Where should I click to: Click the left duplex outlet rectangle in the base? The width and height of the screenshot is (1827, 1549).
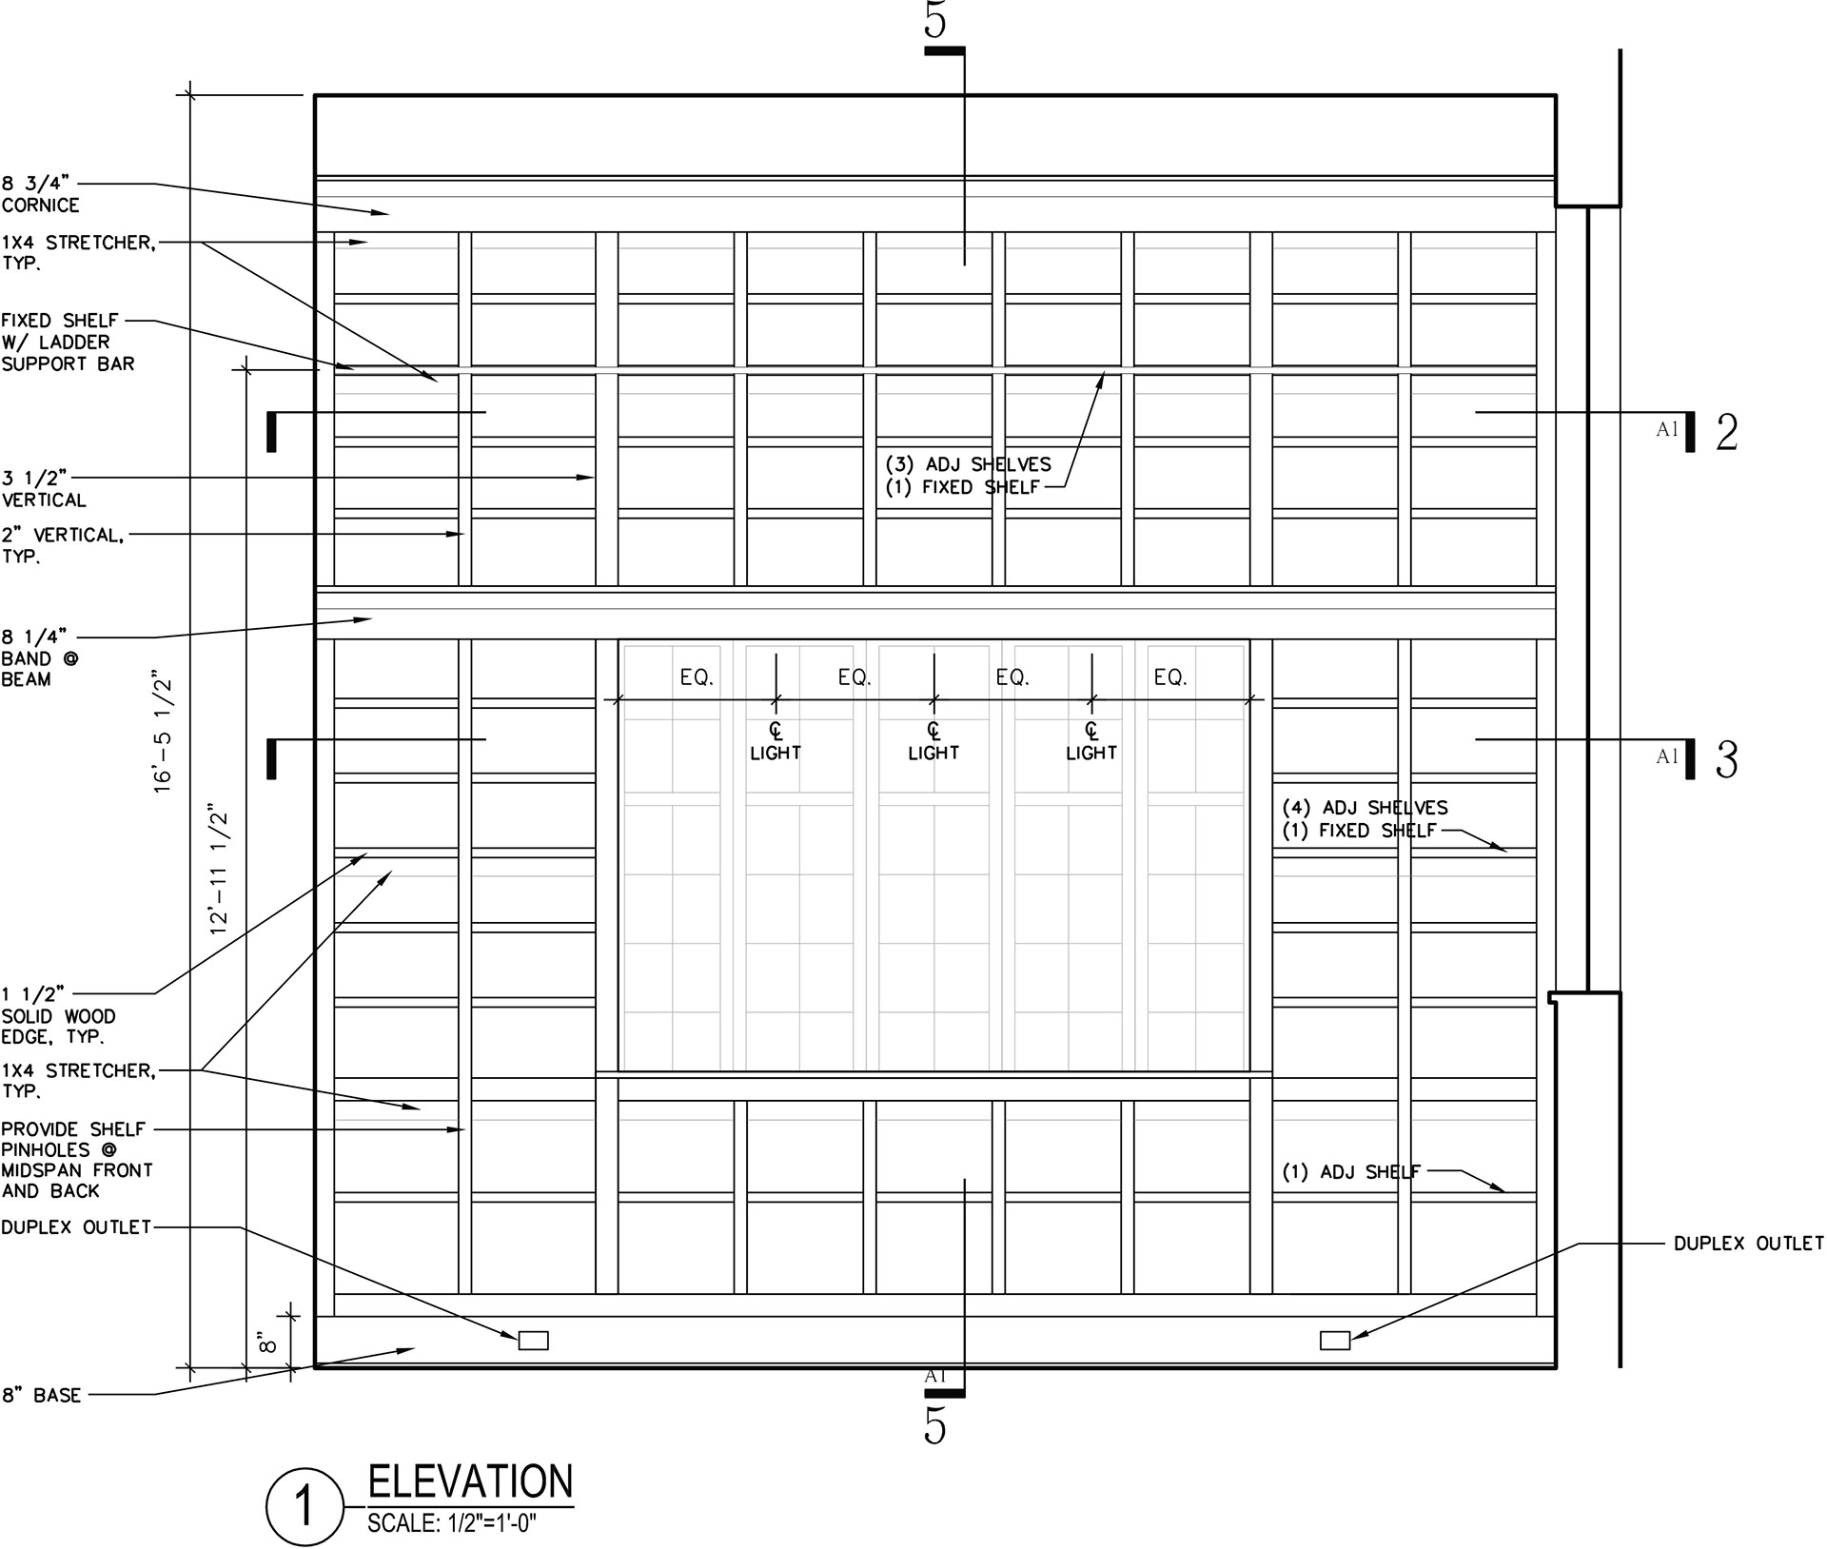point(533,1341)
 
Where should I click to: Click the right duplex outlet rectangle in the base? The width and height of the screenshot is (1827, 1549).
point(1335,1341)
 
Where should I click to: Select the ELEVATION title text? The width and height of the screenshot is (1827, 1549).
point(471,1481)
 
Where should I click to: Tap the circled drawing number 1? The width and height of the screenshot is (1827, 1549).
point(304,1508)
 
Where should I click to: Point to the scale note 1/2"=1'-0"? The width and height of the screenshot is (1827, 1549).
point(452,1523)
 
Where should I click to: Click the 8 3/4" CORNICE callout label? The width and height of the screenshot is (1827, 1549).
point(41,194)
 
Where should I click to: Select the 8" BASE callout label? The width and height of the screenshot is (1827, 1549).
point(41,1396)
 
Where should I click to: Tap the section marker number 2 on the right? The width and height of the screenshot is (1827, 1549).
point(1726,433)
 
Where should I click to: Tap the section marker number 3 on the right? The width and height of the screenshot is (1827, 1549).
point(1726,760)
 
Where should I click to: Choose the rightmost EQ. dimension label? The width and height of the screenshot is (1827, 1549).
point(1170,677)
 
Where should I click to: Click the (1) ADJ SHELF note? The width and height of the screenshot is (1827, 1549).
point(1351,1172)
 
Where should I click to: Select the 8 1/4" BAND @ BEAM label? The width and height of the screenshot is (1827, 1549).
point(39,658)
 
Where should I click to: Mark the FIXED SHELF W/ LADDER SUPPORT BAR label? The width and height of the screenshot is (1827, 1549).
point(68,342)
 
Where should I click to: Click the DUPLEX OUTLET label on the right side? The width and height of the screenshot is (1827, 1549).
point(1749,1243)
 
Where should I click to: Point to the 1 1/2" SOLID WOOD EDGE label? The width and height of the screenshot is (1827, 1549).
point(58,1016)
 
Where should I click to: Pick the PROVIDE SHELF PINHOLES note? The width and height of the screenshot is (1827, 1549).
point(76,1160)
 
